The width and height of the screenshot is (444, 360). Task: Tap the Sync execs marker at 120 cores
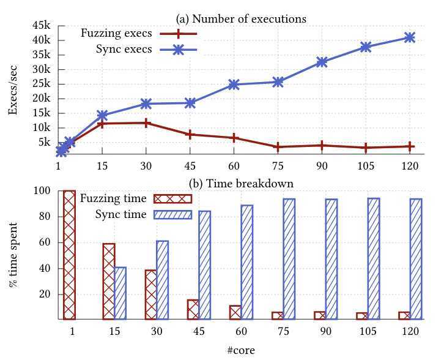tap(409, 37)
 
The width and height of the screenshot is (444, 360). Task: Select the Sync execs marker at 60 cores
tap(234, 84)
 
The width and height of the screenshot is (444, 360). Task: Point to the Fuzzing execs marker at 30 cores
tap(146, 122)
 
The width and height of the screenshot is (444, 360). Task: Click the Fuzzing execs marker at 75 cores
tap(278, 147)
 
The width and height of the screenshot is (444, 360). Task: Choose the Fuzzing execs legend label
tap(116, 33)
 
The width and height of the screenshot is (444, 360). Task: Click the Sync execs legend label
tap(124, 50)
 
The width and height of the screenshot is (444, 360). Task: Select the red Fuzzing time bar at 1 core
tap(69, 255)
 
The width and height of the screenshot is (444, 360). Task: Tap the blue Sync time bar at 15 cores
tap(120, 293)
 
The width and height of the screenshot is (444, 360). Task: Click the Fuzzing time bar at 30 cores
tap(150, 294)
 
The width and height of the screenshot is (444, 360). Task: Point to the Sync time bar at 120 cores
tap(415, 259)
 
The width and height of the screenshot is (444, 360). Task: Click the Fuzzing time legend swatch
tap(172, 198)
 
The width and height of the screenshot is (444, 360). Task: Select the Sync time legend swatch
tap(172, 214)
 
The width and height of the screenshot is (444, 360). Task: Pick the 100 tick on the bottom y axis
tap(46, 192)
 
